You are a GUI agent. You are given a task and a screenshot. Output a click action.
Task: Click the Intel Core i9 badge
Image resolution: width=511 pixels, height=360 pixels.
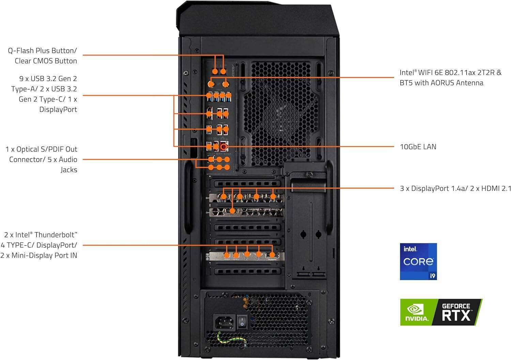[418, 261]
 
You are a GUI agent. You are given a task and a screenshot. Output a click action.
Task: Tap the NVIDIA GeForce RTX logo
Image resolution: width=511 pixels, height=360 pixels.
[441, 312]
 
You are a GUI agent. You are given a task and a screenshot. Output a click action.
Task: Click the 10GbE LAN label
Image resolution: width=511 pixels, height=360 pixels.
[418, 147]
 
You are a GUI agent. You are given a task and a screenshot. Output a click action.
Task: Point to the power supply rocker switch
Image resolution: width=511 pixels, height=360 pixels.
[242, 321]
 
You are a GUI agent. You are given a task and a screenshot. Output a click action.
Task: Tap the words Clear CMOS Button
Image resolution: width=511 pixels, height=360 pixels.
[46, 61]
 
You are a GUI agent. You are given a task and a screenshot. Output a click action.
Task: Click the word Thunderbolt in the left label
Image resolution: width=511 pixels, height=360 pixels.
[56, 235]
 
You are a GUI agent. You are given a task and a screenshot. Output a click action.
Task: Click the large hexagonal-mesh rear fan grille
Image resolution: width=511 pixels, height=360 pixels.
[281, 112]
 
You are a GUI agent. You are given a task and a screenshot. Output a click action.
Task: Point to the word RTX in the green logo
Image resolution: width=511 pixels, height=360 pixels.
[456, 316]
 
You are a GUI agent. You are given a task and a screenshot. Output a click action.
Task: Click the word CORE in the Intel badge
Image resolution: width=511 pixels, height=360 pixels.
[418, 262]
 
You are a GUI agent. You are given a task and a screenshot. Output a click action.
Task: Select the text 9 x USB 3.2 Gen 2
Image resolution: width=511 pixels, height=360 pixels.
[48, 79]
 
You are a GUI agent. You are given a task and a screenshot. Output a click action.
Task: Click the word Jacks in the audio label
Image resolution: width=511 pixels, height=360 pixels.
[69, 170]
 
